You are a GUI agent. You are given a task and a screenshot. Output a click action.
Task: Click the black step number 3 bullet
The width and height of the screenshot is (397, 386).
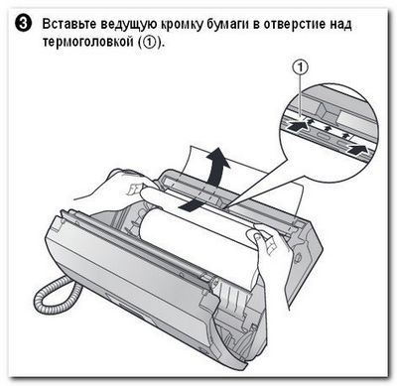24,25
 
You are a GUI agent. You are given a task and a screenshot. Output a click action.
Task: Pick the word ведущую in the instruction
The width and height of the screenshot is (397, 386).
128,25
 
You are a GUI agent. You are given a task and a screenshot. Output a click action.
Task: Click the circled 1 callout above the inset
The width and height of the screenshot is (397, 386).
301,67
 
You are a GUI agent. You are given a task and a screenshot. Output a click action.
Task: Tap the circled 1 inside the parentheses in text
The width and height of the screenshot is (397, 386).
149,43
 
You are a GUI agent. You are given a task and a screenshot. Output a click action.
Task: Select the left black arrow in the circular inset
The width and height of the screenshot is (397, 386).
297,126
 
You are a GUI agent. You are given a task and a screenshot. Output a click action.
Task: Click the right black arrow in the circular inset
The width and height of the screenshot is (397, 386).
358,149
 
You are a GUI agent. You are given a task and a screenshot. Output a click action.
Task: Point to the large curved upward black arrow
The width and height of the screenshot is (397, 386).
217,166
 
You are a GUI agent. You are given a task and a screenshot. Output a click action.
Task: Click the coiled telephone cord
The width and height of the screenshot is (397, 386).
57,291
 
